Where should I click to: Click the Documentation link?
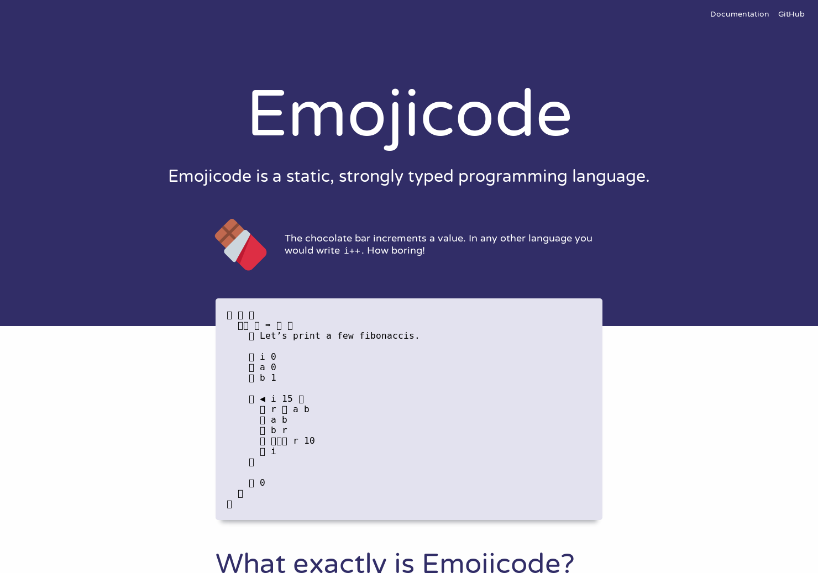point(739,14)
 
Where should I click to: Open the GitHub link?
point(791,14)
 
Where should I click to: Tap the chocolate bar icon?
point(240,245)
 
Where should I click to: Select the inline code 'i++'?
point(352,251)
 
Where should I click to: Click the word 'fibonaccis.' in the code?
point(389,336)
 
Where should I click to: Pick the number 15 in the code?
point(287,399)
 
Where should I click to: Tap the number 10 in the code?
point(309,441)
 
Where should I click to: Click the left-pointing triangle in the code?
point(263,399)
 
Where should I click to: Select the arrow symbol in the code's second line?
point(268,325)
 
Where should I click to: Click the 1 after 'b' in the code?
point(273,378)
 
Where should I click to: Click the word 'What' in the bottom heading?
point(250,563)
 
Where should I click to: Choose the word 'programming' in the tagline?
point(512,176)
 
